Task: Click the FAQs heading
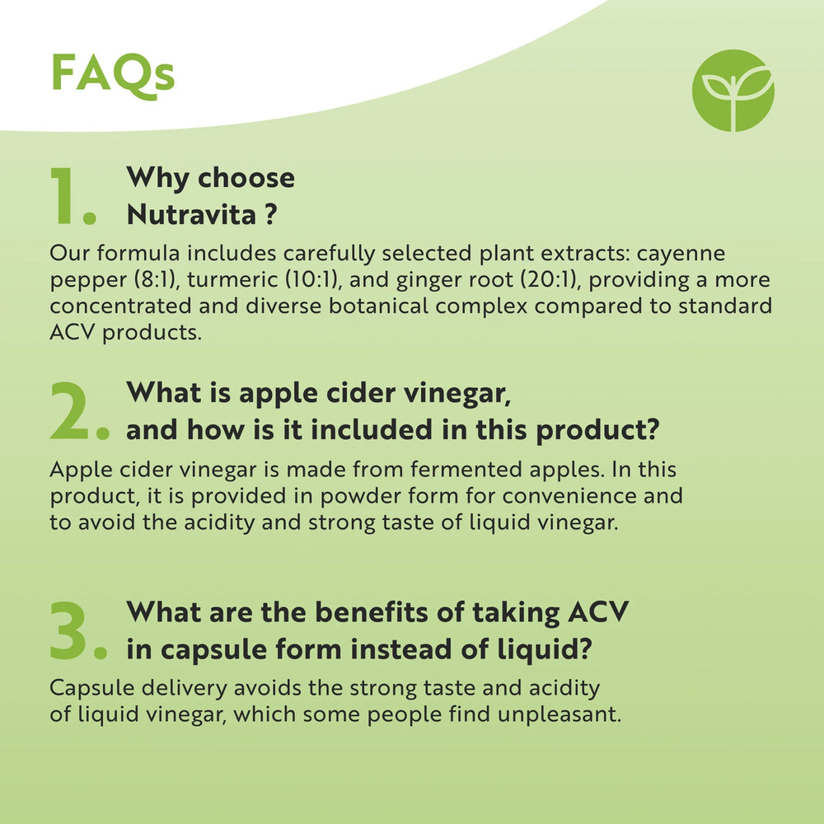click(113, 74)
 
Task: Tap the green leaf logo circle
click(733, 91)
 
